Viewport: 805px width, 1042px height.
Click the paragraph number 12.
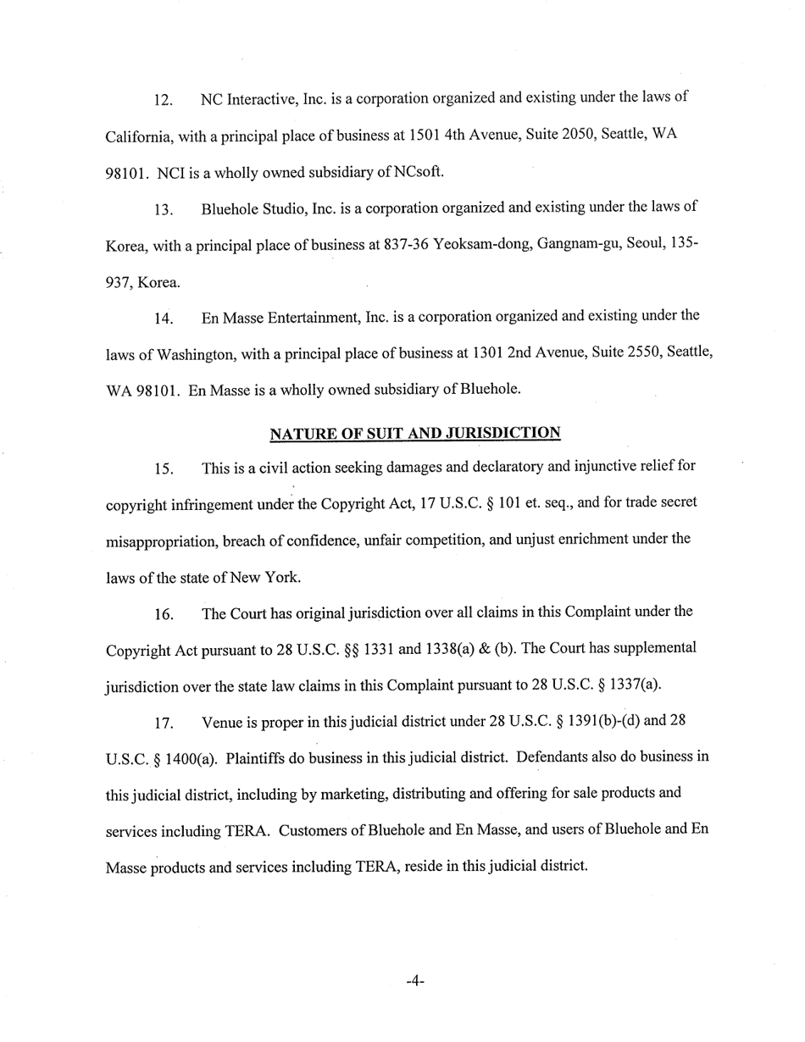pyautogui.click(x=164, y=100)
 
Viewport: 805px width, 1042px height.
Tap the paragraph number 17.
pyautogui.click(x=164, y=723)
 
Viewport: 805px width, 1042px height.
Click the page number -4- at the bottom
pyautogui.click(x=414, y=981)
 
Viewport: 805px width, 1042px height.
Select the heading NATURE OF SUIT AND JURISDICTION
pyautogui.click(x=414, y=434)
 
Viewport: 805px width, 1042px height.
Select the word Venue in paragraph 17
pyautogui.click(x=222, y=723)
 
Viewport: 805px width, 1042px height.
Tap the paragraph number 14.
pyautogui.click(x=164, y=319)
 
